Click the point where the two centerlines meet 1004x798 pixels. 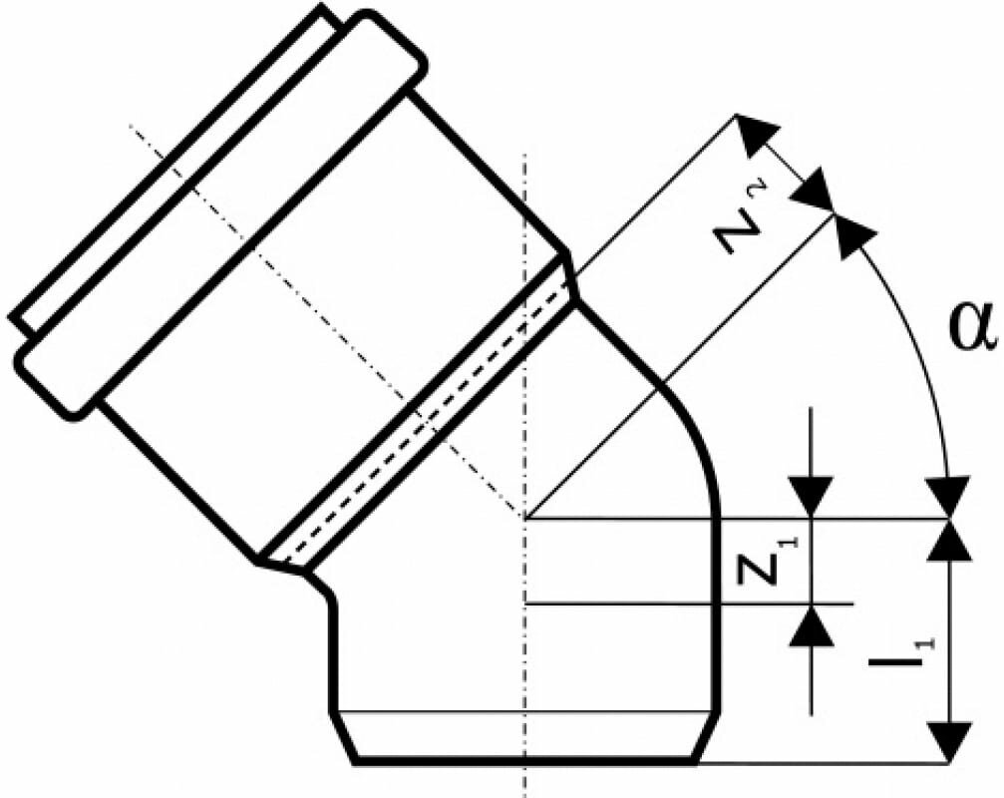(x=524, y=518)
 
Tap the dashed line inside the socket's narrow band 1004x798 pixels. (x=419, y=419)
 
